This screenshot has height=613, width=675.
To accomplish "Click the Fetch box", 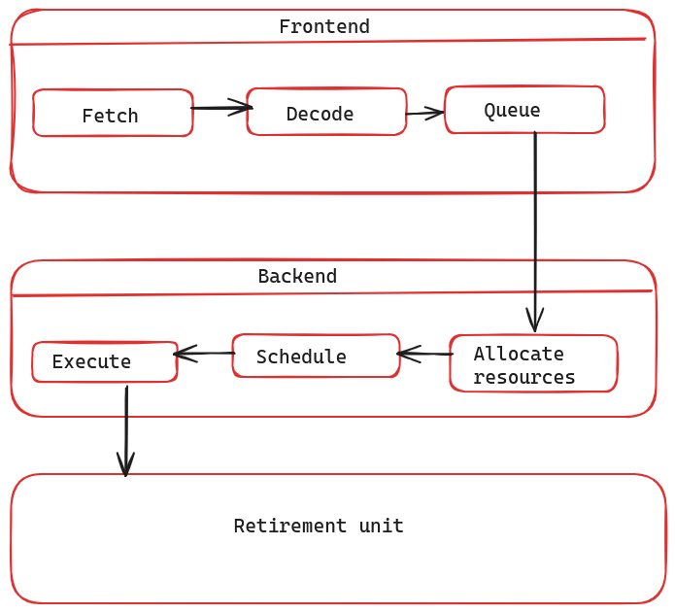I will tap(112, 114).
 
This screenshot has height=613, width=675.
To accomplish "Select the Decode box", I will tap(326, 112).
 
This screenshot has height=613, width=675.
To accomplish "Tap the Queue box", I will tap(524, 110).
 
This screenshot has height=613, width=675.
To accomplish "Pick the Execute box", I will tap(104, 361).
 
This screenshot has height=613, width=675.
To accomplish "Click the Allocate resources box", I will tap(533, 363).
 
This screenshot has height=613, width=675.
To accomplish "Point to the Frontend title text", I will tap(323, 26).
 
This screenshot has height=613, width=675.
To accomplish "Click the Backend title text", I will tap(297, 276).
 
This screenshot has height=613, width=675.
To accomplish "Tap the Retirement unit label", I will tap(319, 526).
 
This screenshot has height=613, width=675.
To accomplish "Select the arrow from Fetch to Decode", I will tap(220, 108).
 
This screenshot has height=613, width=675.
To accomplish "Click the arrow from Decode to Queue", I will tap(424, 114).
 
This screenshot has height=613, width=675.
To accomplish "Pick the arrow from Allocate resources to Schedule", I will tap(424, 354).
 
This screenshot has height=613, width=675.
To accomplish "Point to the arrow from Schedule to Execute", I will tap(204, 353).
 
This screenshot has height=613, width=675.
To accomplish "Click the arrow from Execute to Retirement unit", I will tap(126, 427).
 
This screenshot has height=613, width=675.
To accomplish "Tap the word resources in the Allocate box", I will tap(523, 377).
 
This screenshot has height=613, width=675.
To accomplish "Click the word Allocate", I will tap(518, 354).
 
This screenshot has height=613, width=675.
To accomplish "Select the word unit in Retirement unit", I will tap(381, 526).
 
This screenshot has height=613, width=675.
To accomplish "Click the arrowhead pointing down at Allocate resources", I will tap(534, 321).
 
